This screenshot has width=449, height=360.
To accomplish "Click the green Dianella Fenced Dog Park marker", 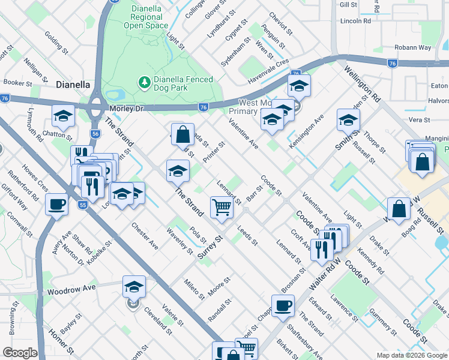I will point(144,81).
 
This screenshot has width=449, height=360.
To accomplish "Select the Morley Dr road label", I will point(128,108).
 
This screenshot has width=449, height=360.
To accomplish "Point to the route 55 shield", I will point(83,205).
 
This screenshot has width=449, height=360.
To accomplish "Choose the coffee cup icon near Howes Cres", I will point(57,203).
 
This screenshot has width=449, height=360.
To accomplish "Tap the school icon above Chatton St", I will point(62,115).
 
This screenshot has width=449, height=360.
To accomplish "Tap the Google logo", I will point(20,353).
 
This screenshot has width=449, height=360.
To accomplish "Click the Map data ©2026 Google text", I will point(411,355).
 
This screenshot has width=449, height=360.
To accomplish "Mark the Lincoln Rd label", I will point(355,20).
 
